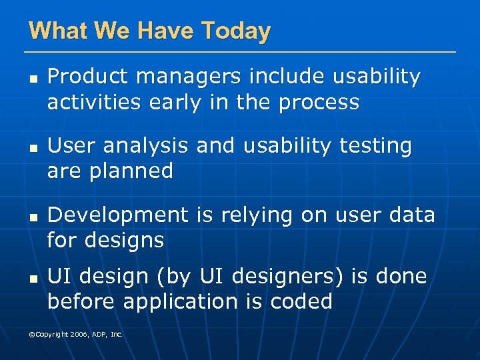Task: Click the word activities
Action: coord(89,103)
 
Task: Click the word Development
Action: coord(118,215)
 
